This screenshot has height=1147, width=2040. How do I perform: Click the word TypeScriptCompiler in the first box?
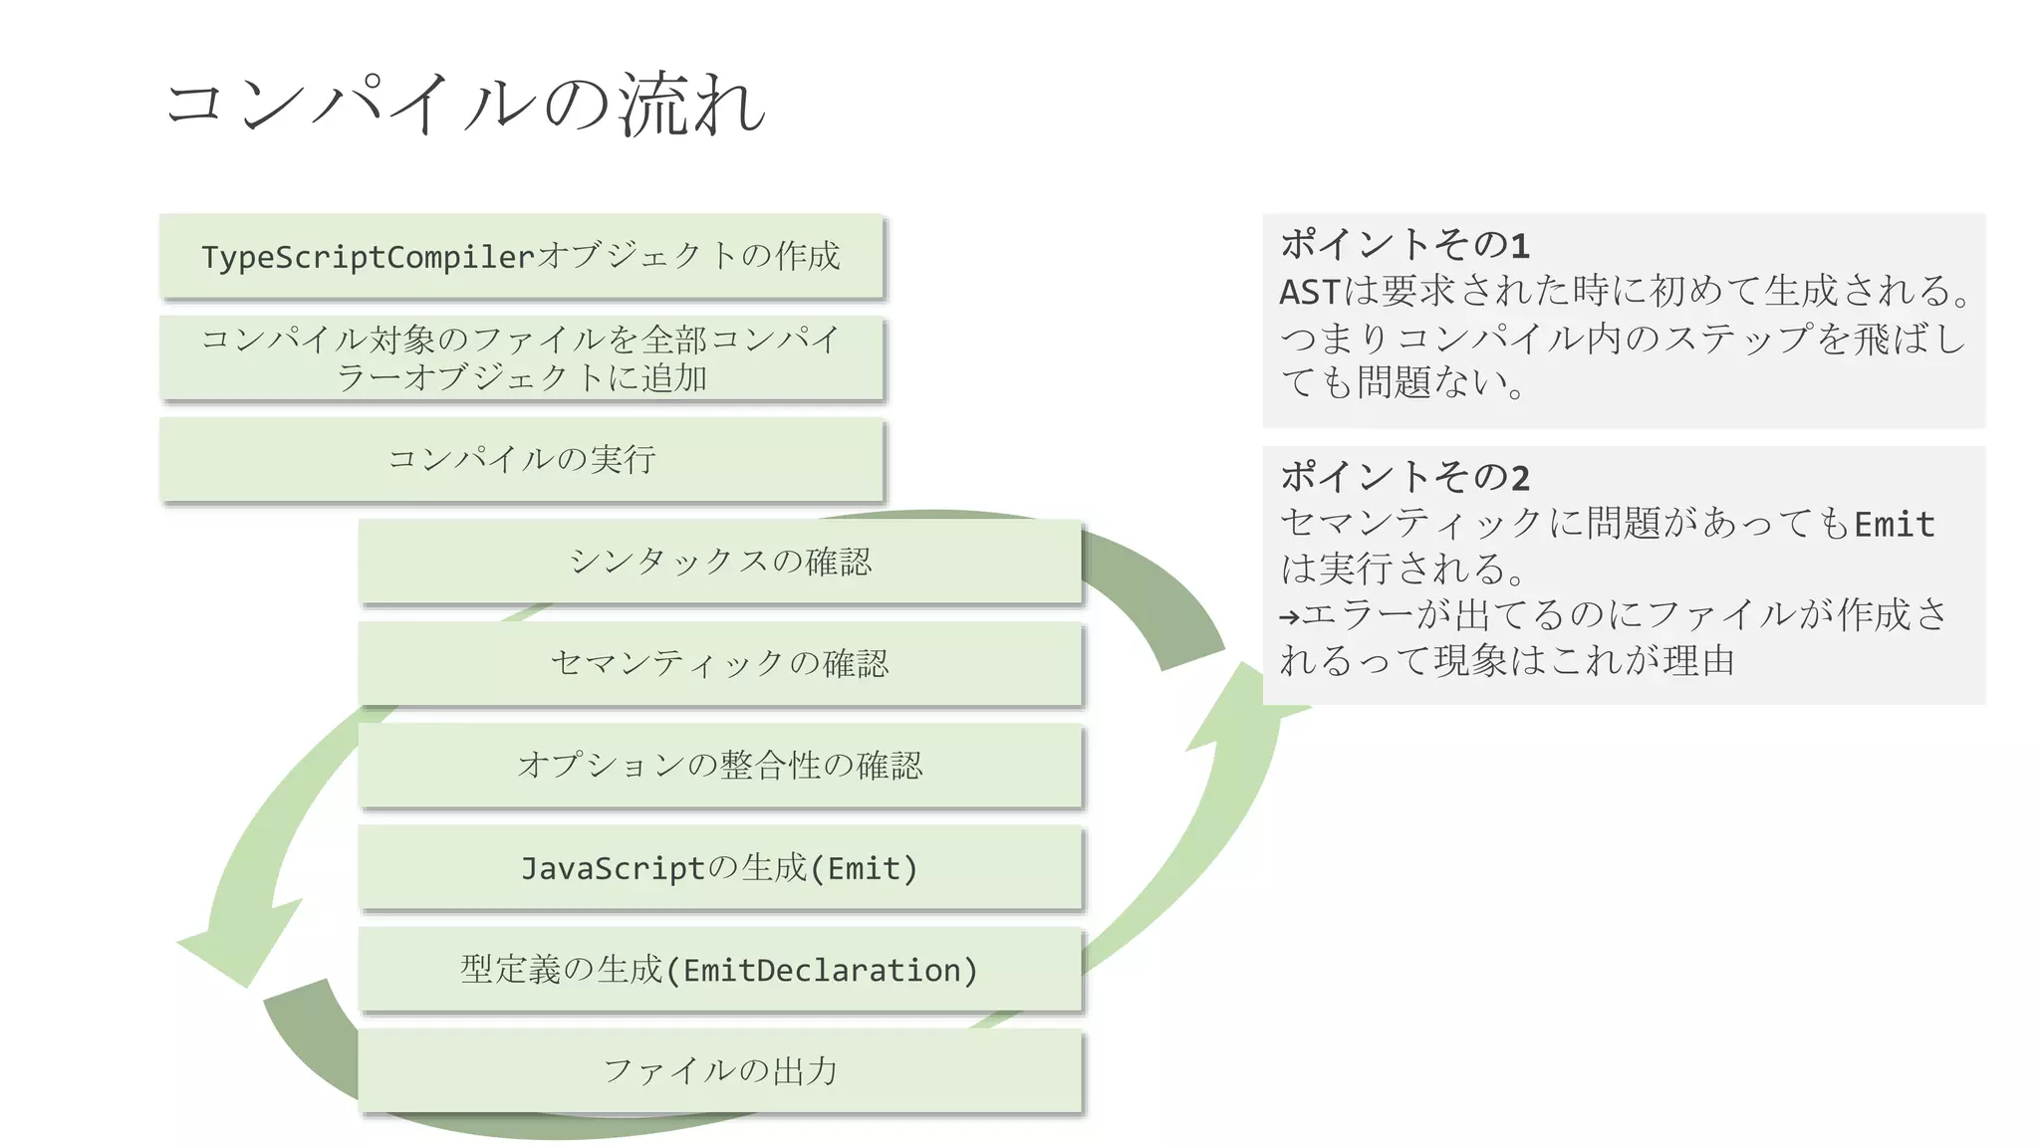[369, 257]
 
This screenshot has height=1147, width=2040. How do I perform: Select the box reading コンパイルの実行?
[521, 459]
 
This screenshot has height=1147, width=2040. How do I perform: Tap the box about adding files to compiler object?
[521, 358]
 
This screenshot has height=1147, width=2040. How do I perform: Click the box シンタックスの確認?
[719, 562]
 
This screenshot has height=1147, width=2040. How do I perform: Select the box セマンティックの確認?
[719, 663]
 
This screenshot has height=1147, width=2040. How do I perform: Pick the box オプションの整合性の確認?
[719, 765]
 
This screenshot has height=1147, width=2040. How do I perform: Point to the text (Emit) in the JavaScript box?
[863, 868]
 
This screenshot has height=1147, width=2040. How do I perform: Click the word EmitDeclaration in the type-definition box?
[822, 970]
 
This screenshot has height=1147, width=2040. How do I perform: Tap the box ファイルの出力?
[719, 1071]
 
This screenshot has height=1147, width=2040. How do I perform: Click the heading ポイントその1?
[1404, 244]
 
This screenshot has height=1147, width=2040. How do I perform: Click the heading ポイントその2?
[1404, 477]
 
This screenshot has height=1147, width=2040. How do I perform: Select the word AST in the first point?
[1309, 293]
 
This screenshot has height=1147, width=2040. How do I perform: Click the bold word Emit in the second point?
[1894, 525]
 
